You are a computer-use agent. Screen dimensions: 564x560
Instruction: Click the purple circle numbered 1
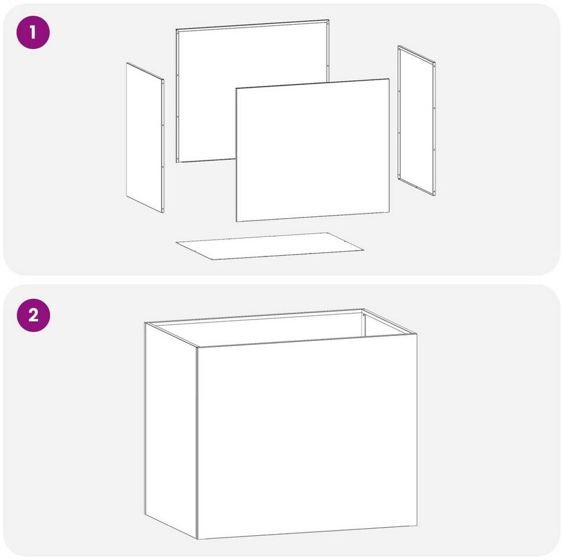33,32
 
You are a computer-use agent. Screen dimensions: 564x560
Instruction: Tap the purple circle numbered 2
33,315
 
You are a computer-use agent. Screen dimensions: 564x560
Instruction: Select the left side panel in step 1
145,137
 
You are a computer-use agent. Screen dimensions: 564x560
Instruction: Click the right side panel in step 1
417,120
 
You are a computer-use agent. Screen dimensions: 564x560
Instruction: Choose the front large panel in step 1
312,150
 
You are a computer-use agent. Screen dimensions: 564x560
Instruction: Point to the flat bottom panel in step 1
269,246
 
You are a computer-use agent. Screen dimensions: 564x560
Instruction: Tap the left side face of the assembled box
171,430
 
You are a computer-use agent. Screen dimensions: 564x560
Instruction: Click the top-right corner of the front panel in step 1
389,79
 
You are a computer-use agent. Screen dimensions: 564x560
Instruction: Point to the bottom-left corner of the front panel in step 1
236,221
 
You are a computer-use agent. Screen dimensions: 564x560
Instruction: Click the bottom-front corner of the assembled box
197,539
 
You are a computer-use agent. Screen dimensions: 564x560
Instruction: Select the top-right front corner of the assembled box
417,334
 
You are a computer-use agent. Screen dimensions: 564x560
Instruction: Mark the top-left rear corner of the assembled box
145,322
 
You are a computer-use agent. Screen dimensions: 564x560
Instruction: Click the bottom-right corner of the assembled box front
417,525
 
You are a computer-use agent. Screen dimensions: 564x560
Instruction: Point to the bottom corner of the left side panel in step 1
163,212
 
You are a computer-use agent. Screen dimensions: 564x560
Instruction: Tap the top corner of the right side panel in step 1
398,46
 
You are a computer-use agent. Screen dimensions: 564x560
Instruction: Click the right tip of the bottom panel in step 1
363,249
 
